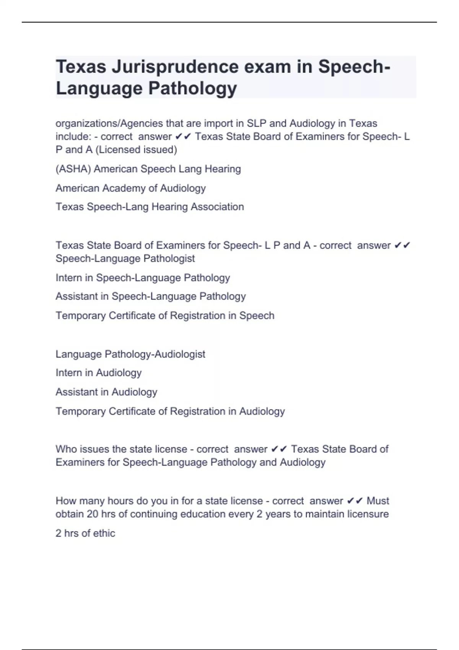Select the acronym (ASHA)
pyautogui.click(x=73, y=169)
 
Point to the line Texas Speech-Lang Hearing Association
pyautogui.click(x=150, y=207)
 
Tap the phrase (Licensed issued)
pyautogui.click(x=136, y=149)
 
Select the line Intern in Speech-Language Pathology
pyautogui.click(x=143, y=278)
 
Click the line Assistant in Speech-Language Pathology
pyautogui.click(x=151, y=296)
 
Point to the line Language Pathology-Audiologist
pyautogui.click(x=130, y=354)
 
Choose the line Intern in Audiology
pyautogui.click(x=99, y=373)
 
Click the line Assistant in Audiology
pyautogui.click(x=106, y=392)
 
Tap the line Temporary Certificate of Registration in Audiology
pyautogui.click(x=170, y=411)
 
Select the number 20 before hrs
pyautogui.click(x=93, y=514)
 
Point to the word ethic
pyautogui.click(x=104, y=533)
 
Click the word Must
pyautogui.click(x=378, y=501)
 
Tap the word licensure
pyautogui.click(x=368, y=514)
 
